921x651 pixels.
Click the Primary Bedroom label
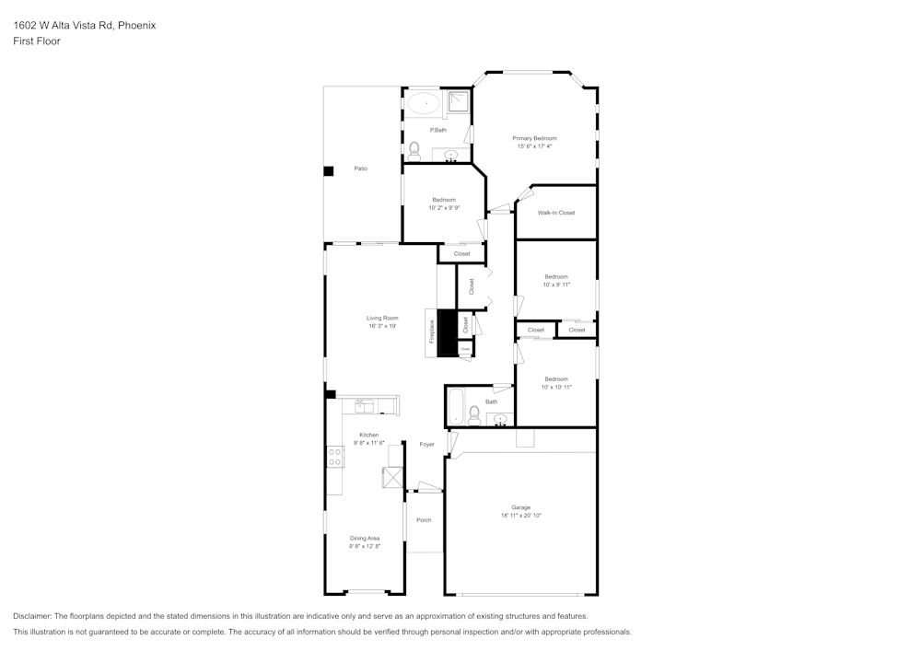pos(534,138)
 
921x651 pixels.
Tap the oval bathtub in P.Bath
pos(425,103)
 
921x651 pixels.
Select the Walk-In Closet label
pos(556,213)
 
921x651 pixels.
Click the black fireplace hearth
pos(447,332)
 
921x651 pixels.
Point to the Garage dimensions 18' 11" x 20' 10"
pos(521,516)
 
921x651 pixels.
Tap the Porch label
pos(424,520)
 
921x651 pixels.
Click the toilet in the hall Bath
pos(473,414)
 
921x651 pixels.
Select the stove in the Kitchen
pos(334,457)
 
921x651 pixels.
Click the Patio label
pos(361,169)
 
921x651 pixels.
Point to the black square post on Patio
pos(328,170)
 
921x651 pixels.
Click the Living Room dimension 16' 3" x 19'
pos(382,326)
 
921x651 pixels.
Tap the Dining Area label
pos(365,538)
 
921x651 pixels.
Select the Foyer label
pos(426,444)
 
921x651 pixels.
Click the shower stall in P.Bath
pos(458,101)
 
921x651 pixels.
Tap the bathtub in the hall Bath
pos(456,406)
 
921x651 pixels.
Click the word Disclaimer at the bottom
pos(32,616)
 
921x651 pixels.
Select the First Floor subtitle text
pos(37,41)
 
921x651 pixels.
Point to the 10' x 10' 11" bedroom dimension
pos(556,387)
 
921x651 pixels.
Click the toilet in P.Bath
pos(414,150)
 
